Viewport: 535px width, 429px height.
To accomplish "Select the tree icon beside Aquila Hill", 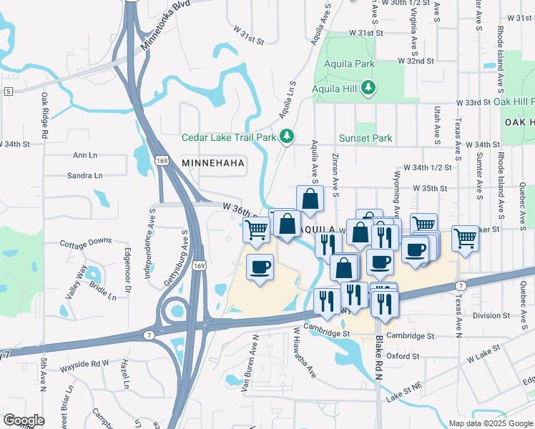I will click(x=368, y=88).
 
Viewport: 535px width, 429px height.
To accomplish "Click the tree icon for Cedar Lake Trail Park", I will click(x=286, y=136).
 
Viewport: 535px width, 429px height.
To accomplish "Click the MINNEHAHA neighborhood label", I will click(x=214, y=163).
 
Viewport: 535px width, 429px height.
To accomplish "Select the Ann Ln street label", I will click(x=85, y=155).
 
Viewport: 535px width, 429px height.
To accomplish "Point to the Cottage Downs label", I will click(x=86, y=242).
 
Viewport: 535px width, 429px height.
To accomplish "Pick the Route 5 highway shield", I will click(x=8, y=92).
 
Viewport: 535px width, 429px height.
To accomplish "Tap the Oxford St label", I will click(x=403, y=355).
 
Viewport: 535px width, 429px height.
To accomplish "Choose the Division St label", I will click(x=486, y=315).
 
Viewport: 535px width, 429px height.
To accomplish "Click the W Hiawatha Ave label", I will click(x=303, y=352).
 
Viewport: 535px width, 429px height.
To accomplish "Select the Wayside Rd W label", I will click(x=84, y=363).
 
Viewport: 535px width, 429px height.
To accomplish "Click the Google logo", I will click(x=24, y=420).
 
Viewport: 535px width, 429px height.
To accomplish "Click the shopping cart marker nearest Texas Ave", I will click(x=466, y=238).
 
